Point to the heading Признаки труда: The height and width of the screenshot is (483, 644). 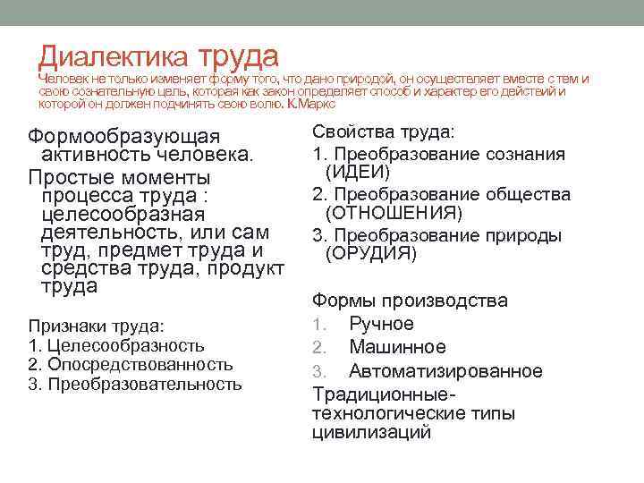87,326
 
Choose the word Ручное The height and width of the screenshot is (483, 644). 381,324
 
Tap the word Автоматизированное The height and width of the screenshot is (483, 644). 445,370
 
